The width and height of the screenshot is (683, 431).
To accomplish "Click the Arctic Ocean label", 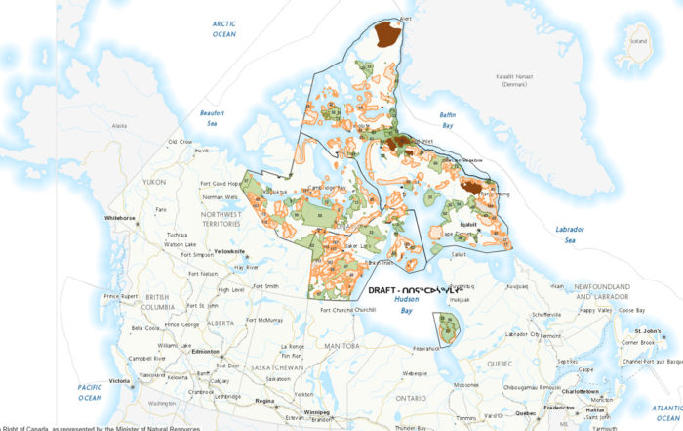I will pos(223,28).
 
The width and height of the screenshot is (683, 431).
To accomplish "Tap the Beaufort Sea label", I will pos(213,118).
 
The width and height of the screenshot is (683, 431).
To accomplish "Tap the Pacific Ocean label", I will pos(91,393).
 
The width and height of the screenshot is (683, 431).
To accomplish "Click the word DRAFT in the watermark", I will pos(386,291).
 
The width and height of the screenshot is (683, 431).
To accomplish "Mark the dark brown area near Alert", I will pos(387,35).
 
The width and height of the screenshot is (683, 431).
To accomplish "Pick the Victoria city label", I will pos(119,380).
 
